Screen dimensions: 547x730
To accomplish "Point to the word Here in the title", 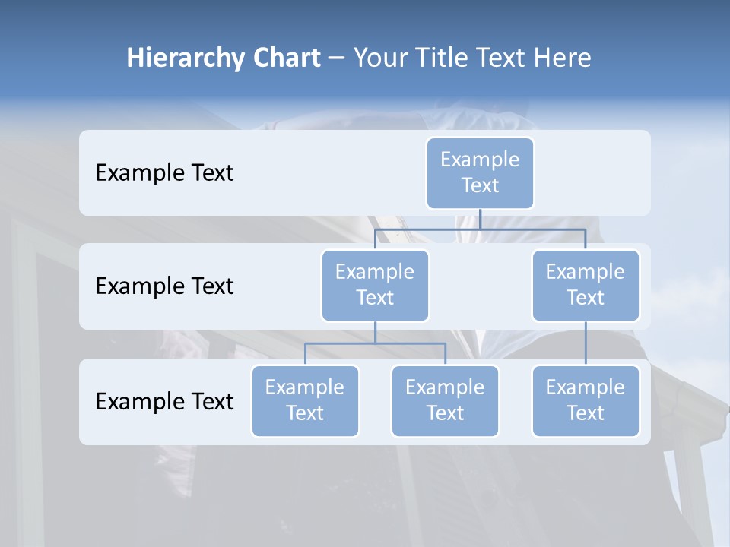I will [x=563, y=58].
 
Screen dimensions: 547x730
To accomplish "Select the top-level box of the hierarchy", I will [x=480, y=173].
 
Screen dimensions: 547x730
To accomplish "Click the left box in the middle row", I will [x=375, y=285].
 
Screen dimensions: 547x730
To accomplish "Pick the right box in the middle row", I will [x=586, y=285].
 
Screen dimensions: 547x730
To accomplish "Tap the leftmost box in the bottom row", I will [x=305, y=401].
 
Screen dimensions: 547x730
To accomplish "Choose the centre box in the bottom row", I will [x=445, y=401].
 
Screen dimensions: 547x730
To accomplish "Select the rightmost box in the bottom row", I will [x=586, y=401].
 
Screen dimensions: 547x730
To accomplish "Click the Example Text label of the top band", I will [x=164, y=173].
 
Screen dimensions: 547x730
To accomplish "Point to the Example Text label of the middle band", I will [x=164, y=286].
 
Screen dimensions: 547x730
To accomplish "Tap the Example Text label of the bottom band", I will [x=164, y=401].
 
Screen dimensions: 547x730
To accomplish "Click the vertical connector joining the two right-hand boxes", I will [x=586, y=343].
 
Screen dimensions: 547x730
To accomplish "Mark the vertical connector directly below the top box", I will [x=480, y=219].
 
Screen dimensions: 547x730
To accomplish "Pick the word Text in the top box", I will [x=480, y=185].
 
